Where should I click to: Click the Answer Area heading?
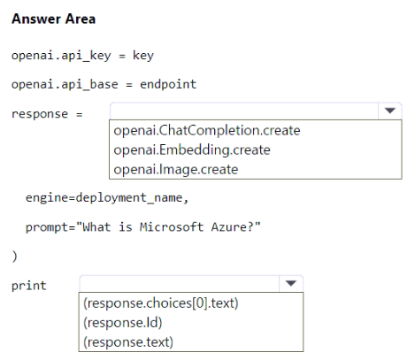(54, 19)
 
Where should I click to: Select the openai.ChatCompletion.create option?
(207, 130)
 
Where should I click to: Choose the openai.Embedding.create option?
(192, 149)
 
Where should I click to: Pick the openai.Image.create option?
(176, 169)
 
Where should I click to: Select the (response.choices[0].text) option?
(161, 303)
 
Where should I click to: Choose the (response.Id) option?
(123, 323)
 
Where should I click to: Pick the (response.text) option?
(128, 342)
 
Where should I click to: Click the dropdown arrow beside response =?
(390, 111)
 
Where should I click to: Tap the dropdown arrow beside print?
(291, 284)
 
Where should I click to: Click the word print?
(29, 286)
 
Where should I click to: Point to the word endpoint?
(168, 84)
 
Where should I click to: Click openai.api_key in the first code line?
(61, 56)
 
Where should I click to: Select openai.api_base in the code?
(65, 84)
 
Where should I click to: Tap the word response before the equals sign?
(40, 114)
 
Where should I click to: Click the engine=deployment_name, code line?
(107, 197)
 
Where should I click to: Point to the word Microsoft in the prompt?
(172, 227)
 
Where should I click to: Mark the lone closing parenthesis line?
(15, 257)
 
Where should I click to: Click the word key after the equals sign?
(143, 56)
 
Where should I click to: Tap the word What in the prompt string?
(96, 227)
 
